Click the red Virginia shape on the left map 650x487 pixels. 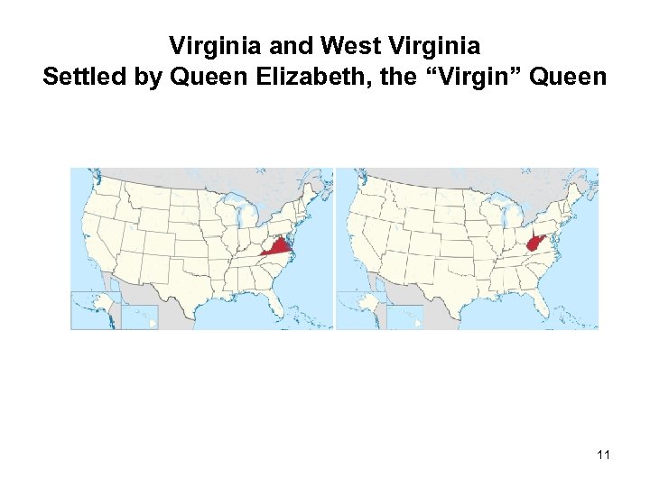tap(280, 246)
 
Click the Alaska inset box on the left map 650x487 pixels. tap(96, 309)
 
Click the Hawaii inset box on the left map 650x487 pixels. tap(140, 317)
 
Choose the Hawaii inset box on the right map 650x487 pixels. tap(404, 317)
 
